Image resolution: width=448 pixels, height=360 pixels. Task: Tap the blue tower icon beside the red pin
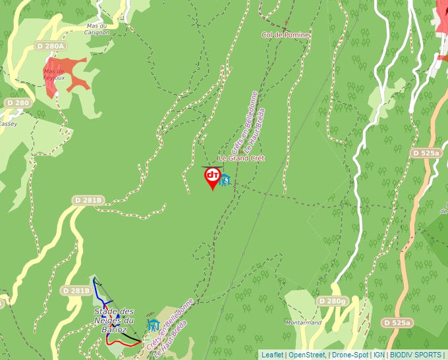pos(225,180)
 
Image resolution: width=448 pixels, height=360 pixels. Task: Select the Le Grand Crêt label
pos(241,159)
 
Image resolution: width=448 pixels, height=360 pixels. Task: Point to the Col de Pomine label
pos(285,35)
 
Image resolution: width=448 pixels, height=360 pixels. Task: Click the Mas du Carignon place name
pos(96,29)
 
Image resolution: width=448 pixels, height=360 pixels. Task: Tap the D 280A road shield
pos(51,46)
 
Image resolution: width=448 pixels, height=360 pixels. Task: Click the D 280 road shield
pos(18,103)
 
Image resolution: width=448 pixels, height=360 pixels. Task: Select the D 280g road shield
pos(331,301)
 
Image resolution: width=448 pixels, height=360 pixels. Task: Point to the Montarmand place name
pos(304,322)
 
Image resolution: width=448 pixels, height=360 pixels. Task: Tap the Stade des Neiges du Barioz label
pos(114,320)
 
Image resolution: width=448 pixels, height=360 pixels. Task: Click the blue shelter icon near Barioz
pos(154,324)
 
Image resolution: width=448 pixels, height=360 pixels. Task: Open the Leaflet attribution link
pos(272,355)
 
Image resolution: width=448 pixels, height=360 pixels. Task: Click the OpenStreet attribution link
pos(307,355)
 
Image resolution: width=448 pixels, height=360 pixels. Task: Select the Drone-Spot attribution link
pos(350,355)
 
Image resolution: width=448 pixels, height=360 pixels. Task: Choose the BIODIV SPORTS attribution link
pos(415,355)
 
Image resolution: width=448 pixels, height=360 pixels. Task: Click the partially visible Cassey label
pos(8,124)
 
